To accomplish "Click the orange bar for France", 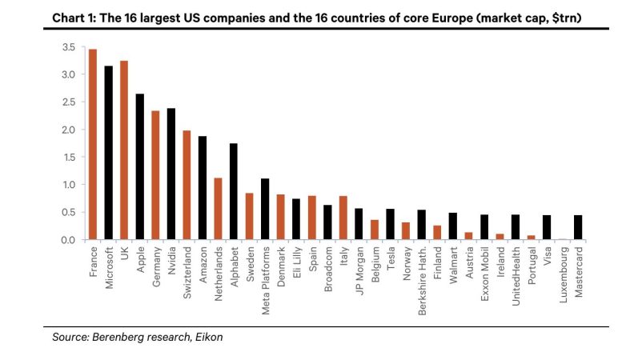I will (93, 145).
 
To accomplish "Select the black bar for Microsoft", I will (108, 153).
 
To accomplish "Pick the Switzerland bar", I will (187, 185).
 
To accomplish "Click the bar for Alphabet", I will (233, 191).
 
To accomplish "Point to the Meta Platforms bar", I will (265, 209).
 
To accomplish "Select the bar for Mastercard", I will (578, 227).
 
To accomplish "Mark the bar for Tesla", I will (390, 224).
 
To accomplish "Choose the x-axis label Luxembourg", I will (563, 272).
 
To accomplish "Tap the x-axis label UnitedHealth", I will (516, 273).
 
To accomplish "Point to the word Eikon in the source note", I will (208, 338).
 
